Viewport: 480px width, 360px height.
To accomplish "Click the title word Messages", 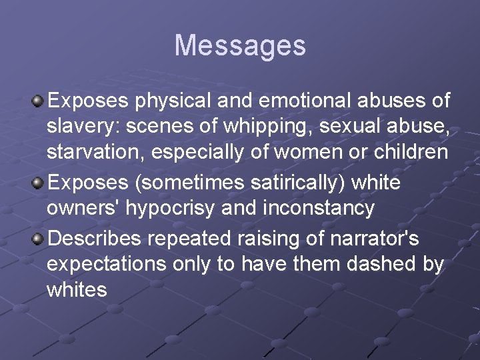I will click(240, 45).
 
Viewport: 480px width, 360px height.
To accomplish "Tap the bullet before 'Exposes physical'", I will click(38, 101).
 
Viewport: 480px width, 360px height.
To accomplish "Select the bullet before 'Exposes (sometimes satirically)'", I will click(38, 182).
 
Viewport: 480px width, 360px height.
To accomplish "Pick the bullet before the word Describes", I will click(38, 237).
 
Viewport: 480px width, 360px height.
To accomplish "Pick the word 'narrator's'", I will click(381, 237).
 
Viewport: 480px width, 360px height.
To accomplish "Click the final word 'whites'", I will click(77, 289).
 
